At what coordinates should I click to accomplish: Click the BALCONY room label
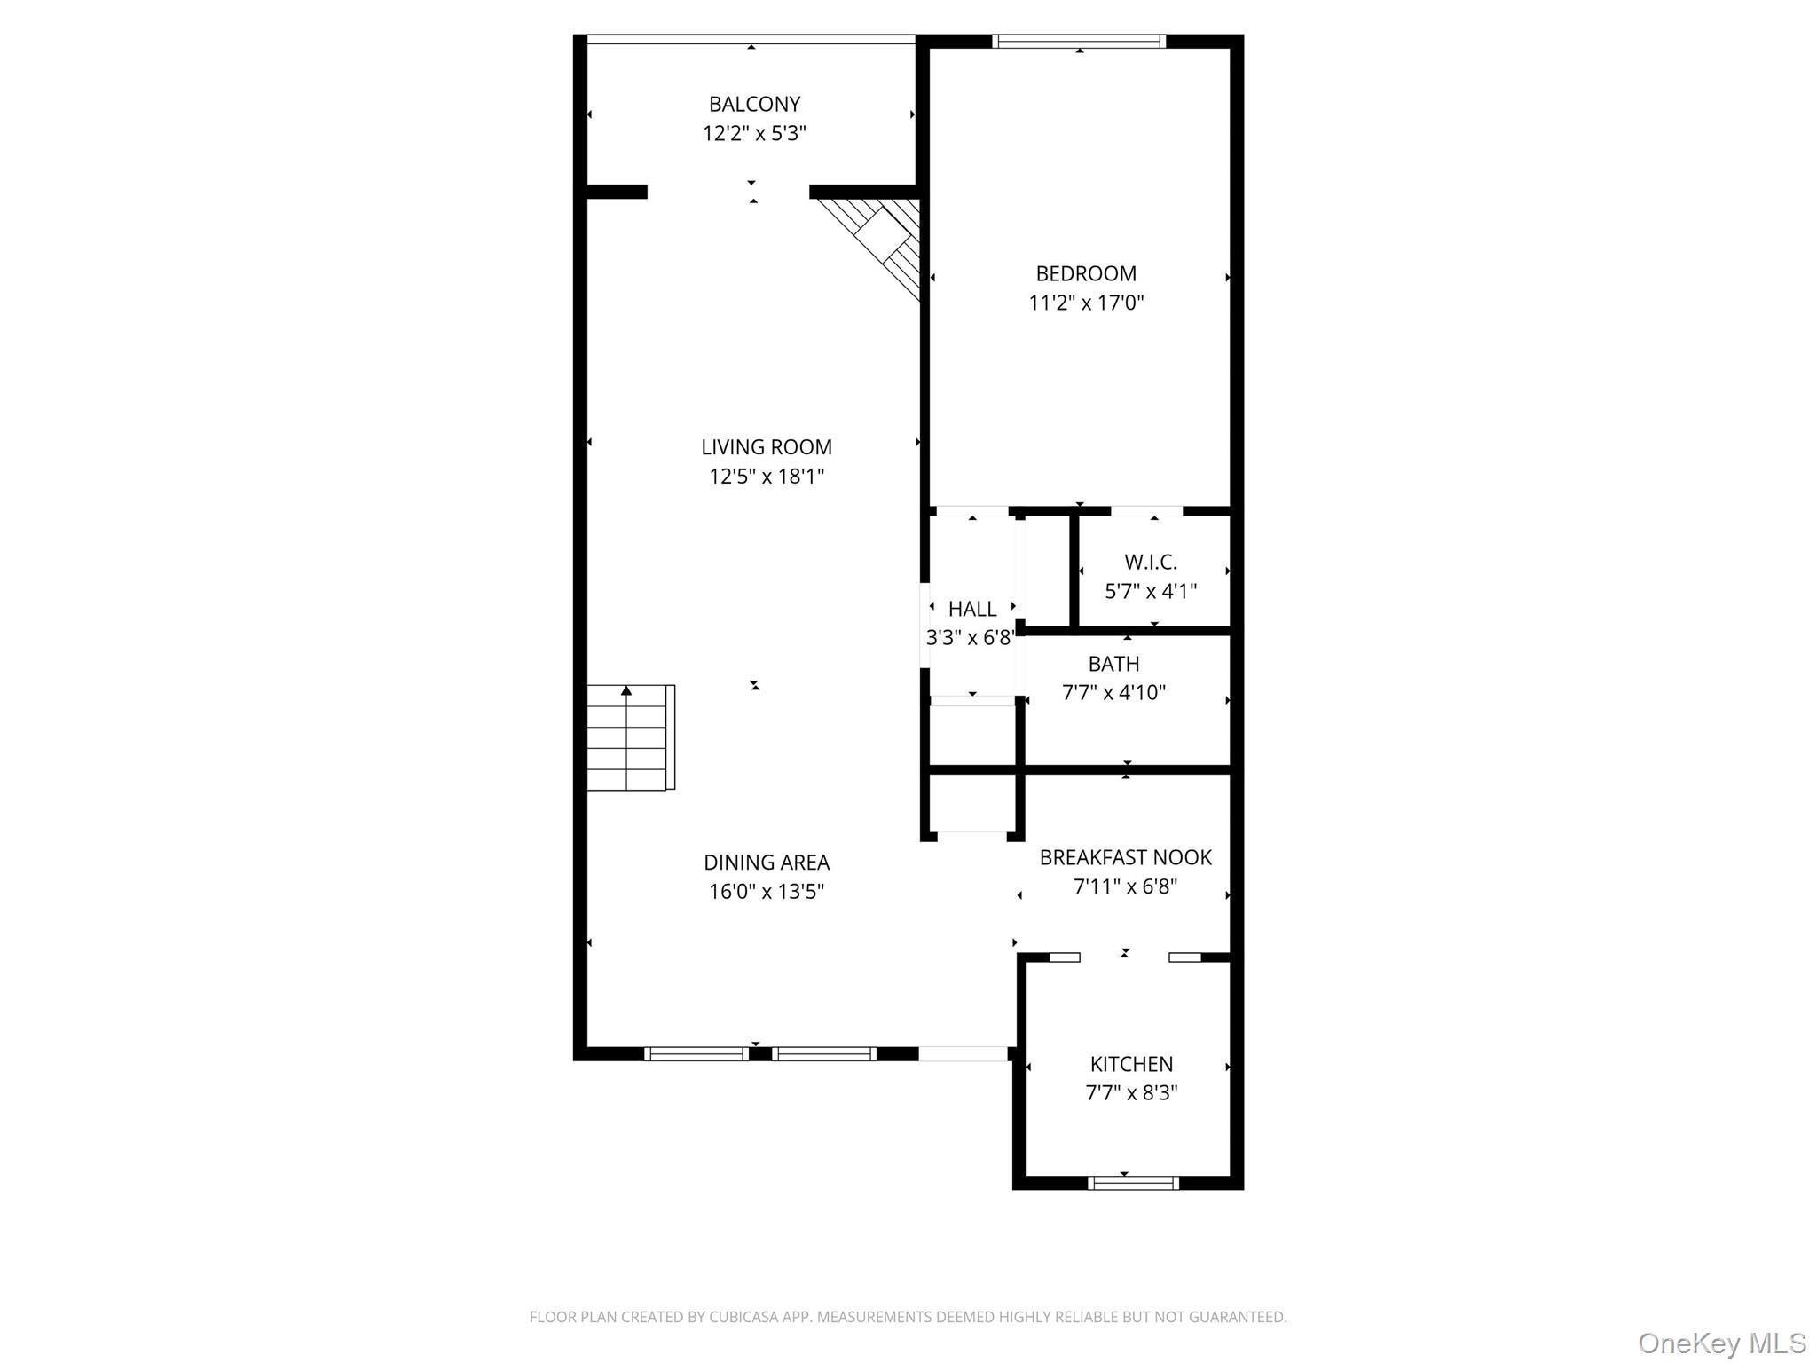[754, 104]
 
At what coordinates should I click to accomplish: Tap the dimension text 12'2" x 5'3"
[754, 134]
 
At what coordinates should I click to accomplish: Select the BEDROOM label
[1086, 273]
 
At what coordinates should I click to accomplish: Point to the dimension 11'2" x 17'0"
[1086, 303]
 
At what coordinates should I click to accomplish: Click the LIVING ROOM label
[767, 447]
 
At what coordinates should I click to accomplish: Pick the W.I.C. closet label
[1151, 562]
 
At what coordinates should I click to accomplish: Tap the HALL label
[972, 609]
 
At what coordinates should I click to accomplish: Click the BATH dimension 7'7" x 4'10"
[1113, 693]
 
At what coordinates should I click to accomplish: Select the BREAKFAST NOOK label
[1125, 857]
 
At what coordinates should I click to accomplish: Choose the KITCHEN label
[1131, 1064]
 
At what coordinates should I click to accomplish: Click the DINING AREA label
[767, 863]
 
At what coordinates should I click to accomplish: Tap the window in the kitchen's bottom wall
[1133, 1182]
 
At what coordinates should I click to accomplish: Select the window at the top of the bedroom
[1078, 41]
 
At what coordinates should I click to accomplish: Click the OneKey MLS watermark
[1721, 1343]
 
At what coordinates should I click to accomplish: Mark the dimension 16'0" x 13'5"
[767, 892]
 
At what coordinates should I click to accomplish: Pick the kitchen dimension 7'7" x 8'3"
[1131, 1093]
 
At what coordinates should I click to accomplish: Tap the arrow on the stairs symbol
[626, 690]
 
